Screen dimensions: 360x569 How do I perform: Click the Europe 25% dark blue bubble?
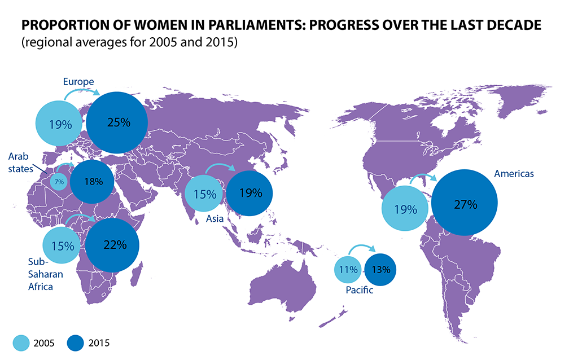coord(118,122)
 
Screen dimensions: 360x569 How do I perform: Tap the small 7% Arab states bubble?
coord(59,182)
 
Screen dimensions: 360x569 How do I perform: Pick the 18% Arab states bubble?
coord(93,181)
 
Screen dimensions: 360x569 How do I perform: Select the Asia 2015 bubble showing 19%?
coord(250,193)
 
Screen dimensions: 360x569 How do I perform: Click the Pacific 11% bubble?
coord(348,269)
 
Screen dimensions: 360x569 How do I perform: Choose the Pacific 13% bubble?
coord(381,269)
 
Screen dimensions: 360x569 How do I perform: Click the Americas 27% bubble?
coord(465,204)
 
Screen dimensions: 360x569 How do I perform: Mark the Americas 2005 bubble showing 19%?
coord(405,209)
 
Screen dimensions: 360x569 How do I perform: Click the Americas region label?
coord(513,174)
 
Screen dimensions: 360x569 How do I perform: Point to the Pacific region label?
coord(358,291)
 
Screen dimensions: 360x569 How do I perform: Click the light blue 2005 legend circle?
coord(21,342)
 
